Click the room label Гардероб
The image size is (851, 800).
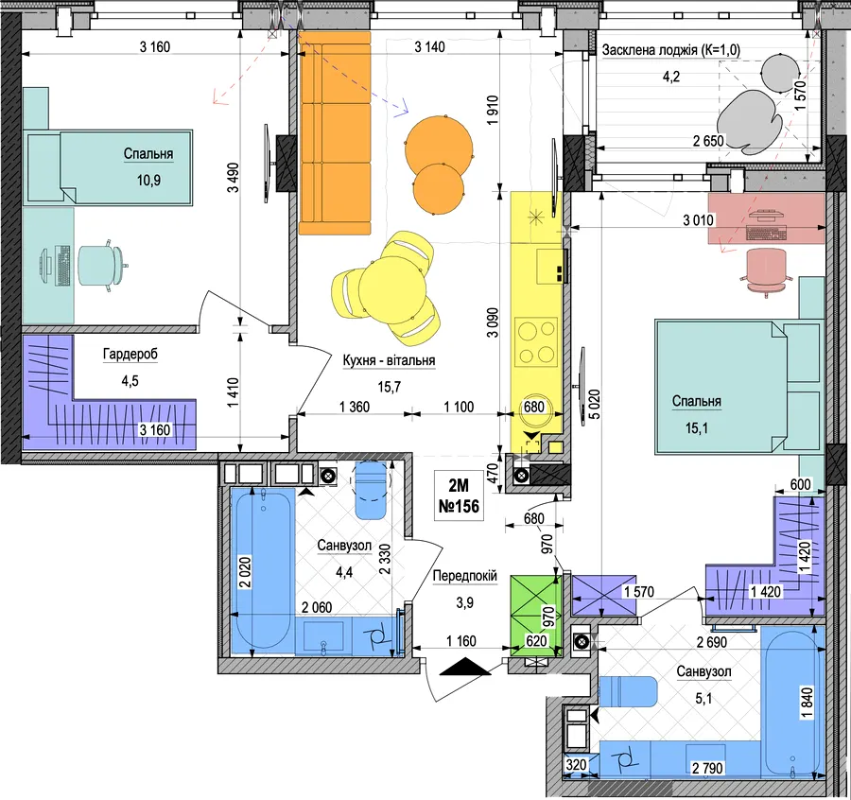tap(130, 355)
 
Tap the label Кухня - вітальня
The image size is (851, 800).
tap(389, 360)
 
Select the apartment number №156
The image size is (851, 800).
tap(459, 506)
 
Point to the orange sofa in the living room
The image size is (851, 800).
tap(335, 133)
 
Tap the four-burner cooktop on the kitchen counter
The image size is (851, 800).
tap(537, 342)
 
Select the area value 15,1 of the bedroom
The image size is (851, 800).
tap(696, 428)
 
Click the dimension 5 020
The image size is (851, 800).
tap(595, 405)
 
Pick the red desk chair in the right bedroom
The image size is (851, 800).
tap(766, 270)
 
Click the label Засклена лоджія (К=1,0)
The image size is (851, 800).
tap(670, 50)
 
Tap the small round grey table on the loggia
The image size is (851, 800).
tap(780, 74)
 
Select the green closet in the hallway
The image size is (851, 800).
tap(536, 617)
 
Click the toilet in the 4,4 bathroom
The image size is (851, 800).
tap(370, 490)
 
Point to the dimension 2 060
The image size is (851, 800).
tap(317, 607)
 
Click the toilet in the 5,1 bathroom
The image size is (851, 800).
tap(628, 691)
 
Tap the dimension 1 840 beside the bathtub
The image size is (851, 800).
tap(808, 703)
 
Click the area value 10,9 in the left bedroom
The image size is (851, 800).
tap(148, 181)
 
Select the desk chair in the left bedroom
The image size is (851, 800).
tap(102, 266)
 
